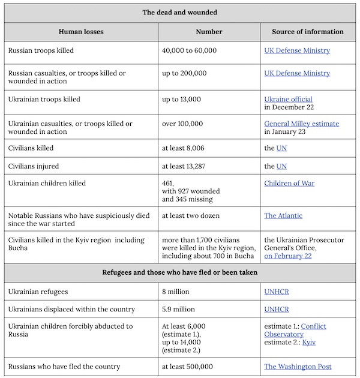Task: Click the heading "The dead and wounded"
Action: pos(180,12)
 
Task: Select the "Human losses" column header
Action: pos(82,32)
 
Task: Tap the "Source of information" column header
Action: pos(308,32)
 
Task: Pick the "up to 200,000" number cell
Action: pos(184,73)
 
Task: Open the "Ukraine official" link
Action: pos(288,99)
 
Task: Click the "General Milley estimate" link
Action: pos(302,124)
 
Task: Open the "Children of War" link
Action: pos(289,183)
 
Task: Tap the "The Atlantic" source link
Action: pos(283,215)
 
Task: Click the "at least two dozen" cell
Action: pos(190,215)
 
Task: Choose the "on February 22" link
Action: pos(288,256)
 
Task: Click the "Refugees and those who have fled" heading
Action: pos(180,272)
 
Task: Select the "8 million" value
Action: pos(176,292)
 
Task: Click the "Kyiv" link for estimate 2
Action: pos(309,342)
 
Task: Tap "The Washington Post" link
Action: pos(298,367)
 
